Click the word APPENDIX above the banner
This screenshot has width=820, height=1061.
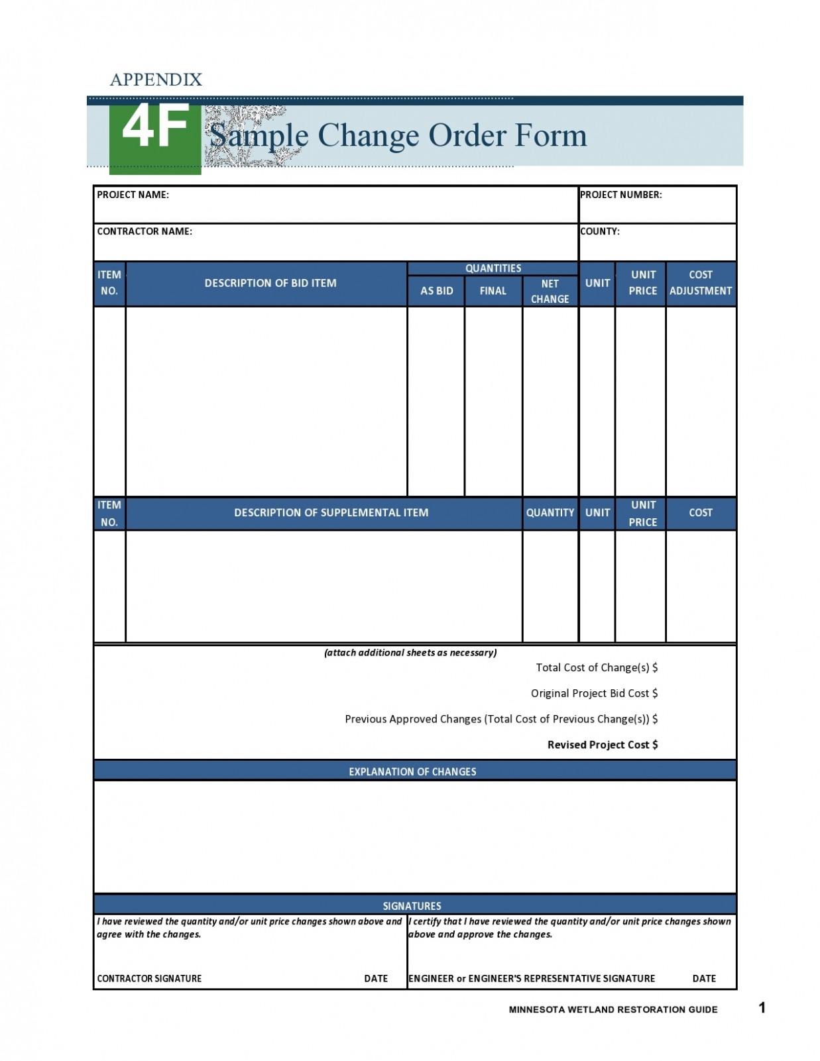coord(156,80)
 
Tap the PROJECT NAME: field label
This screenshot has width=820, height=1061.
coord(133,195)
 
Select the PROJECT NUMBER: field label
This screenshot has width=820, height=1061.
coord(620,195)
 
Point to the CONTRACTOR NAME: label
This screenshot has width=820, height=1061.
coord(145,231)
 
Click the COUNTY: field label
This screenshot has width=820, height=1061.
coord(600,231)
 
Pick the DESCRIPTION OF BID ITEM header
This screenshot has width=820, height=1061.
coord(270,283)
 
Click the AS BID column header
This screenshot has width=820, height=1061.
coord(436,291)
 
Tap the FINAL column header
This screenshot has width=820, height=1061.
coord(493,291)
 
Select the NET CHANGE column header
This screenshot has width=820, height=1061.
coord(550,291)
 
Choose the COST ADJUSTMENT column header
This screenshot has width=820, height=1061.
coord(700,283)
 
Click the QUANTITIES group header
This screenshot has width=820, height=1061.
coord(493,268)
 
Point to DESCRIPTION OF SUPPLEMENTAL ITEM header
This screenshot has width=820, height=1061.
coord(331,513)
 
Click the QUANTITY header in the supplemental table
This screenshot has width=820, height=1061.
coord(550,513)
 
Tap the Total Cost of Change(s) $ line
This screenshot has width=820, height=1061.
coord(596,668)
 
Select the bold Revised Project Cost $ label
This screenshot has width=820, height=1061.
coord(602,745)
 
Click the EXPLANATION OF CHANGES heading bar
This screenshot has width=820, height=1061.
coord(412,772)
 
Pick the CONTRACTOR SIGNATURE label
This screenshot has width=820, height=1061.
coord(149,979)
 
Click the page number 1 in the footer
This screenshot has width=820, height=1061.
coord(762,1008)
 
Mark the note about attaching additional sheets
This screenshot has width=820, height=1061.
coord(410,653)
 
